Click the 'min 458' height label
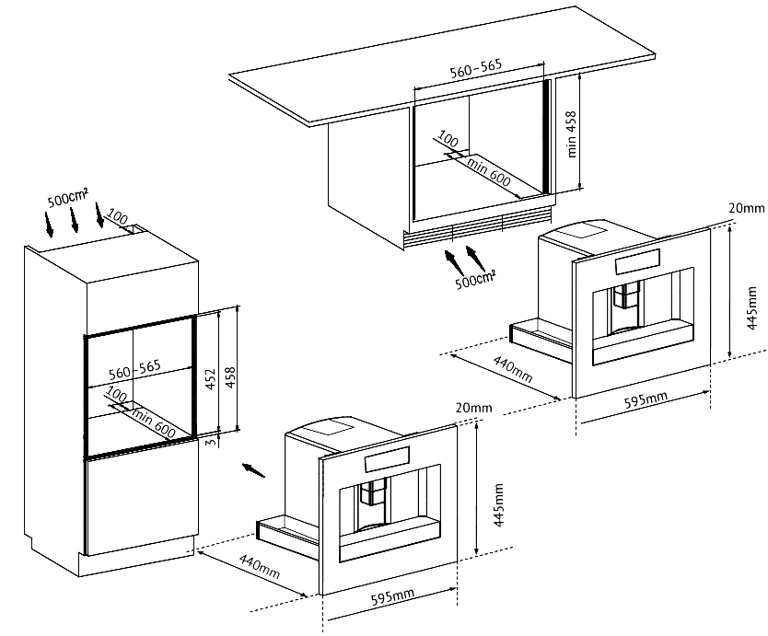click(x=572, y=134)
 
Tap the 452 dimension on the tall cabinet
click(x=210, y=379)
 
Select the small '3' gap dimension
click(x=211, y=442)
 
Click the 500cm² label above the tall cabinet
click(x=67, y=198)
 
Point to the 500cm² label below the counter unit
click(x=475, y=280)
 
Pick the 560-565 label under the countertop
click(x=476, y=69)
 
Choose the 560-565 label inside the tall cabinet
click(x=134, y=370)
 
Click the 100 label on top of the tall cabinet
click(x=117, y=217)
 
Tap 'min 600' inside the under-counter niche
click(x=489, y=171)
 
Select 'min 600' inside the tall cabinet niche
click(x=153, y=422)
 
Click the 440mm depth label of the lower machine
click(x=259, y=566)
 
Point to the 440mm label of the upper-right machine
click(x=512, y=369)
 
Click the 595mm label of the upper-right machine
click(x=646, y=399)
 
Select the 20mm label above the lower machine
click(x=473, y=408)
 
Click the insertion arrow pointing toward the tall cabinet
click(x=253, y=470)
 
